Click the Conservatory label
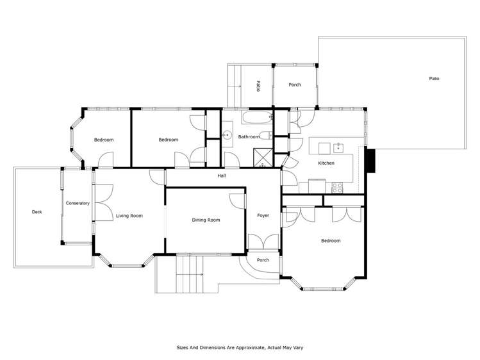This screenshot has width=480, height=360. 78,204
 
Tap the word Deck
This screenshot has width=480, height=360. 37,211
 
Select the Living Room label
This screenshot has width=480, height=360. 129,216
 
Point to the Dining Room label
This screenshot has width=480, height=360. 206,220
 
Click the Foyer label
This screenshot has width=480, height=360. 263,216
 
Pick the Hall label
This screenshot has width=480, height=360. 222,175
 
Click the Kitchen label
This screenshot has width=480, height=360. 326,163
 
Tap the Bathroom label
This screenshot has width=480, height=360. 249,136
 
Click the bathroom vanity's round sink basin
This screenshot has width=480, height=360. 227,135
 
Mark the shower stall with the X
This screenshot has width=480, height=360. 262,157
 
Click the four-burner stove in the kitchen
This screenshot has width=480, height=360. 337,187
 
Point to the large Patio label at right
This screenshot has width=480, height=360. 434,79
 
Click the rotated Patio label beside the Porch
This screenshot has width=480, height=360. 258,86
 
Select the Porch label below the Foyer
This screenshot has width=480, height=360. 263,260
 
